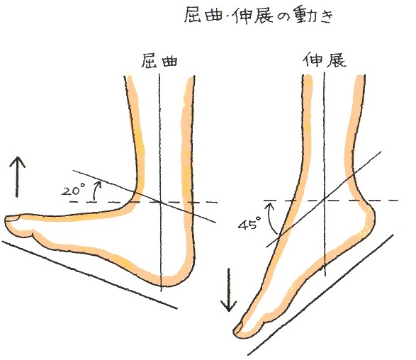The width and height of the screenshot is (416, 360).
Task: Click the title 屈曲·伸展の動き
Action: point(259,15)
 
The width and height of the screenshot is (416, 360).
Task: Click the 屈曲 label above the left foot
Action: point(159,61)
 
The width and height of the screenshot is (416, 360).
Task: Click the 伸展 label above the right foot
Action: point(325,60)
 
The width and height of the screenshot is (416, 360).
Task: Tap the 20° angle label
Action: point(72,191)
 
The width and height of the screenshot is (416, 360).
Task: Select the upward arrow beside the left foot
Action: point(17,176)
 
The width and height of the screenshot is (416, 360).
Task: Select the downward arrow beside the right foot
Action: point(228,290)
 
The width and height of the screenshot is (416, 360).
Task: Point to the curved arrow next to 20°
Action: point(96,190)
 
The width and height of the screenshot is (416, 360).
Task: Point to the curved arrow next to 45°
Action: point(272,218)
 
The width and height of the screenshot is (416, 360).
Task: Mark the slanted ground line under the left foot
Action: point(89,275)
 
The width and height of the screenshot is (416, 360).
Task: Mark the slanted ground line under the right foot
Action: point(320,295)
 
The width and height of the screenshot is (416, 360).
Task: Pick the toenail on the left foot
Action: point(13,218)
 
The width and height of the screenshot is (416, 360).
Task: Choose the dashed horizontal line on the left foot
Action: point(143,202)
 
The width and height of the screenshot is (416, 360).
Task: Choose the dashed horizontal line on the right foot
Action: point(330,201)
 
